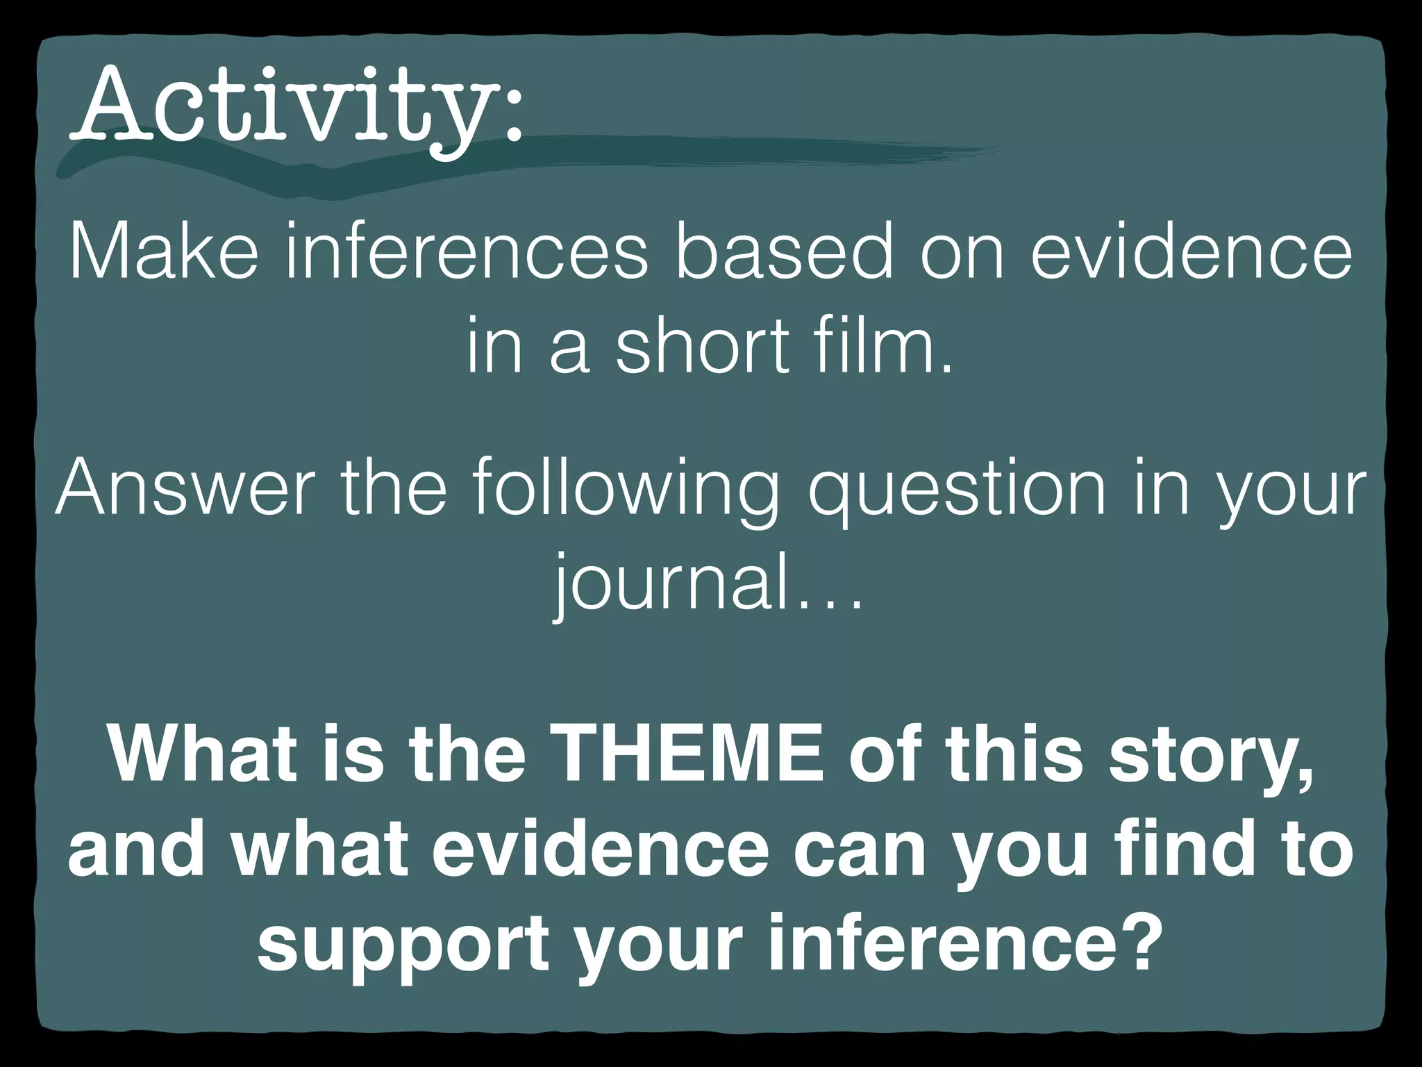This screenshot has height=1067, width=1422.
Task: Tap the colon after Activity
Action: (x=512, y=115)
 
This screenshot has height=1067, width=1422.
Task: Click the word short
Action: (x=701, y=345)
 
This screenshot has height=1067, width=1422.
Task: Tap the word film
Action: (x=879, y=345)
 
